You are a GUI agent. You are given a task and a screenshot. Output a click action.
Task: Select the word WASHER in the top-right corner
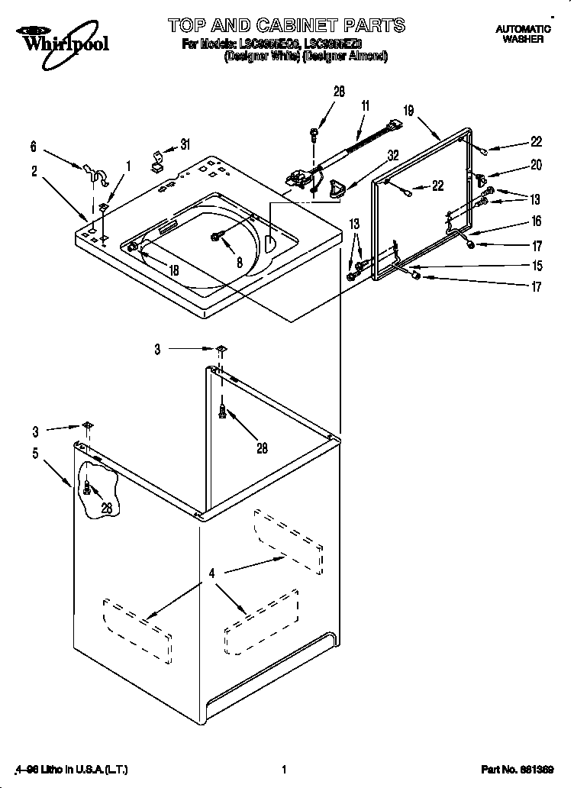(523, 38)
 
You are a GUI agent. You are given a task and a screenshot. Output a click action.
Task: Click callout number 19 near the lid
(408, 111)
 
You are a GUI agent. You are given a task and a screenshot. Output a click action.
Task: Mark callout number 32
(393, 155)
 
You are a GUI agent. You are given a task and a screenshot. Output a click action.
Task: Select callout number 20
(536, 164)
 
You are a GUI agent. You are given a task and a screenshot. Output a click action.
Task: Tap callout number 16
(536, 221)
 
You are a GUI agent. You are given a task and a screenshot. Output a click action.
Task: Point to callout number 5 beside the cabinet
(35, 453)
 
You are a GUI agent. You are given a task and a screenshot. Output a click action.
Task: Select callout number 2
(34, 172)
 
